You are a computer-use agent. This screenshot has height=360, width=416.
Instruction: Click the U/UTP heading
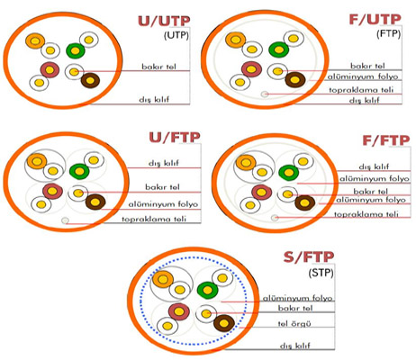click(x=164, y=22)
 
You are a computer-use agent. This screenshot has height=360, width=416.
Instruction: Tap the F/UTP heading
click(x=375, y=20)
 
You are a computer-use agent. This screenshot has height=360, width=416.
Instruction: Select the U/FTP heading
click(x=175, y=138)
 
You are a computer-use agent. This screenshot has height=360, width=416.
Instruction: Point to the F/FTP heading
click(x=386, y=140)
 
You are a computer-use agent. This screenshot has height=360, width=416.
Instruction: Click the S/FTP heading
click(x=309, y=257)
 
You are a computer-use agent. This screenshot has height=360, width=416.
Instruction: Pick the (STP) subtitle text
click(x=321, y=273)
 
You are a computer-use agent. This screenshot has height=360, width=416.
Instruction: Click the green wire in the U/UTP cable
click(x=76, y=50)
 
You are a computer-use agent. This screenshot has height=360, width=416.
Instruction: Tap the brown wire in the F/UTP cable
click(x=295, y=80)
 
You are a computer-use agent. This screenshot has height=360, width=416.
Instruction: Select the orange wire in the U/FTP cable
click(x=37, y=161)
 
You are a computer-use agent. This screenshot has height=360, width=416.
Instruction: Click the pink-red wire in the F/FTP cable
click(x=261, y=192)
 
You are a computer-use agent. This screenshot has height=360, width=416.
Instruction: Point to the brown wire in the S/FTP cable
click(x=224, y=323)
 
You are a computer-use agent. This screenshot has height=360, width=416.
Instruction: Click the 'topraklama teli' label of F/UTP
click(x=361, y=90)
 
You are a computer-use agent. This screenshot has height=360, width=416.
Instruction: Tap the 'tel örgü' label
click(x=294, y=323)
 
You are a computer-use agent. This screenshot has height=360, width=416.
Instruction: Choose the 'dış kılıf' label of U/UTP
click(x=154, y=99)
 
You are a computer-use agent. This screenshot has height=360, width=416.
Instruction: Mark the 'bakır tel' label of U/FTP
click(x=162, y=187)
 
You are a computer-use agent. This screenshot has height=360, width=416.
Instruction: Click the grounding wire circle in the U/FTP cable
click(x=65, y=220)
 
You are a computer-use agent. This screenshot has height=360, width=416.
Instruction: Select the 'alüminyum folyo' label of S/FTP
click(x=298, y=298)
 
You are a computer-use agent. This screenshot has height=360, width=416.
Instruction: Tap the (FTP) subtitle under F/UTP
click(x=388, y=33)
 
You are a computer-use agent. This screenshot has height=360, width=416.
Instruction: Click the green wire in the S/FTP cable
click(x=207, y=290)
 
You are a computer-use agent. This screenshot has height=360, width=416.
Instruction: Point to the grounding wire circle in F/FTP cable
click(x=275, y=218)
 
